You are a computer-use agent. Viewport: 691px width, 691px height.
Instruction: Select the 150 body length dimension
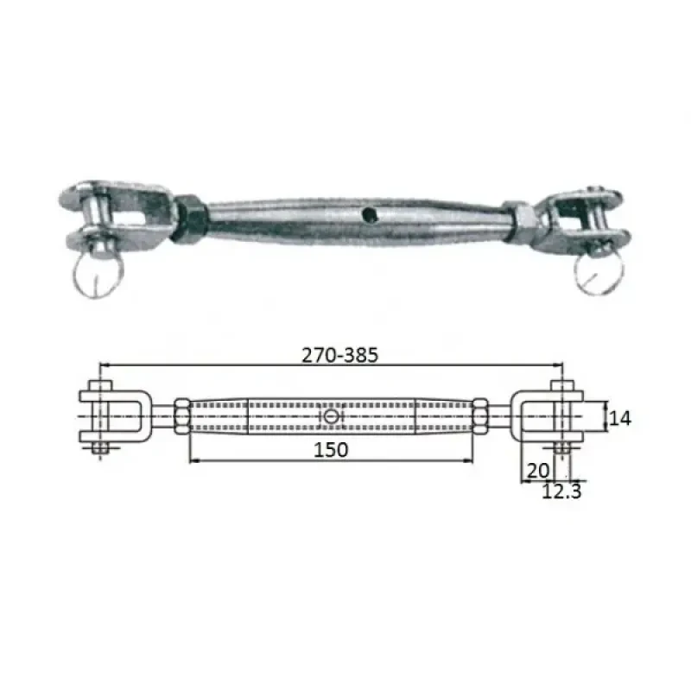[x=331, y=449]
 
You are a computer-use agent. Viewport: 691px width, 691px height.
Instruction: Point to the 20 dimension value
[x=536, y=471]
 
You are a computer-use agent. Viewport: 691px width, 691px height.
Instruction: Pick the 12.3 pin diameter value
[x=561, y=491]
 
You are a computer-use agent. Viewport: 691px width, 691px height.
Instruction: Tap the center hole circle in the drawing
[x=333, y=417]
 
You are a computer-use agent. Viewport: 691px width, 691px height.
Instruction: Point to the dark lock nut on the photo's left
[x=189, y=220]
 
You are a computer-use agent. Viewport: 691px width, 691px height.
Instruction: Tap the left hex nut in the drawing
[x=182, y=417]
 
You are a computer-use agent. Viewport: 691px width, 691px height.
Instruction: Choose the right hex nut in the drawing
[x=479, y=417]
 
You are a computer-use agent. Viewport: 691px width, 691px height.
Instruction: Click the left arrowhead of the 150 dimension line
[x=191, y=460]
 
